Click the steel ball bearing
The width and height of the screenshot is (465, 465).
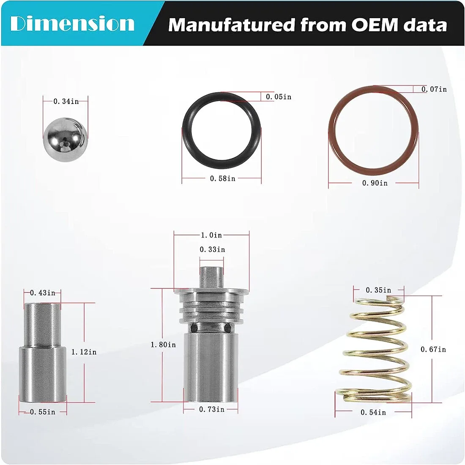tap(66, 139)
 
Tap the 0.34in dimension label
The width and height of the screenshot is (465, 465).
tap(66, 101)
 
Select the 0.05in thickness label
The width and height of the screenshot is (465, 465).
tap(279, 97)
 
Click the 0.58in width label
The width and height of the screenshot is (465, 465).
tap(223, 178)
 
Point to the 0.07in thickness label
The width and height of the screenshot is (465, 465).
tap(434, 89)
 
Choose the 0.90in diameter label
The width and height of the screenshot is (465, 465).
tap(375, 183)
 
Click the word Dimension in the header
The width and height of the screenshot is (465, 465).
tap(72, 24)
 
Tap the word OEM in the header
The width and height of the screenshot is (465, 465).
tap(375, 25)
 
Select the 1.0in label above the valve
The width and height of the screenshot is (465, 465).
tap(211, 235)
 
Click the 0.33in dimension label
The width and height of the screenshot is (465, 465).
tap(212, 250)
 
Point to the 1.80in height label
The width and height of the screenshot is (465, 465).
tap(164, 345)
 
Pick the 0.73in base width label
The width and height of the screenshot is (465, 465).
tap(212, 410)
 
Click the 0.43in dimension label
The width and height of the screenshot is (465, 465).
tap(43, 293)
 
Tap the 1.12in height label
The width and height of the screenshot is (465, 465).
tap(84, 352)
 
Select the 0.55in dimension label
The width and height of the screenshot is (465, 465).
tap(43, 412)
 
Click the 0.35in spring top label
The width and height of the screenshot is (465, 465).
tap(378, 290)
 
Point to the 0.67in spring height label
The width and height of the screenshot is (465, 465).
tap(433, 350)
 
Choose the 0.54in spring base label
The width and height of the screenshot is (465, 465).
tap(373, 413)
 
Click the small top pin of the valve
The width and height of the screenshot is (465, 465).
tap(211, 277)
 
